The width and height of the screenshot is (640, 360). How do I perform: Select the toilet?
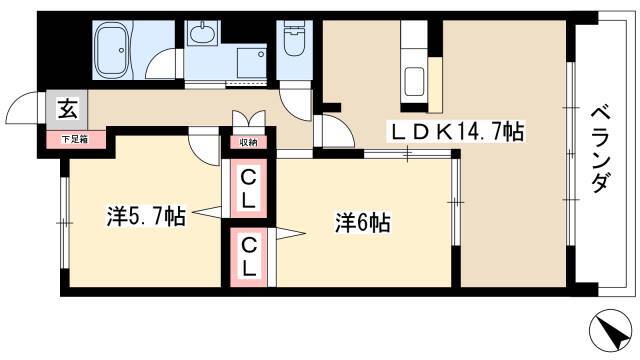[294, 38]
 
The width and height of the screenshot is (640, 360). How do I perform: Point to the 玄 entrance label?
[67, 108]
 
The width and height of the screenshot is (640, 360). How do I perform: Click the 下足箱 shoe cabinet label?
[75, 140]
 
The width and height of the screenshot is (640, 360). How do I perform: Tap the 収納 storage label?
[248, 143]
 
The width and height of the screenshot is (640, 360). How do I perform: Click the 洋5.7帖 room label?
[146, 216]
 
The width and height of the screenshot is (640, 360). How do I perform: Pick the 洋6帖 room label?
[362, 223]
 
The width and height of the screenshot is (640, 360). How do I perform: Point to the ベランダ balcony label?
[601, 149]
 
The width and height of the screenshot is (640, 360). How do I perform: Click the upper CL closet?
[248, 189]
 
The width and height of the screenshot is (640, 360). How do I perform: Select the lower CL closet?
[249, 257]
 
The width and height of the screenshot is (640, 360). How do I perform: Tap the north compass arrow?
[611, 330]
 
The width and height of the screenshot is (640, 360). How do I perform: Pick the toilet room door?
[296, 103]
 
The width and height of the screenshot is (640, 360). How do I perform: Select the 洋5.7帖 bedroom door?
[205, 148]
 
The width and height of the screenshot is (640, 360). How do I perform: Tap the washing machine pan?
[252, 63]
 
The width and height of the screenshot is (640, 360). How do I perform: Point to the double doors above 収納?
[249, 119]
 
